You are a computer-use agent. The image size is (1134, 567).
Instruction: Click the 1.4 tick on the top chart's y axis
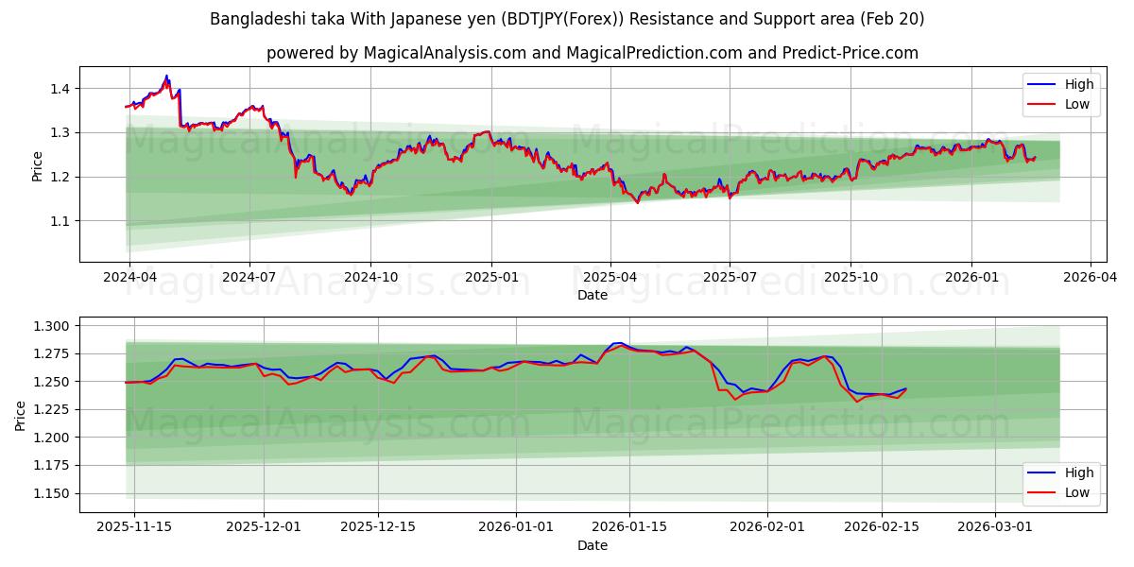60,89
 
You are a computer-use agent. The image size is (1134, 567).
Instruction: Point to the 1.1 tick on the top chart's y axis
60,221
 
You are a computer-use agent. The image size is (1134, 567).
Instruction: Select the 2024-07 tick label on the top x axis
249,278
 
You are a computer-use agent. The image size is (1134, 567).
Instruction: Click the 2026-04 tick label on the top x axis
1091,278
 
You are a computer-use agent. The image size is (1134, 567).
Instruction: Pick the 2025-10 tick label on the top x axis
850,278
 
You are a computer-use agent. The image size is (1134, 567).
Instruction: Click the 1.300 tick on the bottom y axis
52,326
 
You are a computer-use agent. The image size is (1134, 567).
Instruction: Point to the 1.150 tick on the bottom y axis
52,493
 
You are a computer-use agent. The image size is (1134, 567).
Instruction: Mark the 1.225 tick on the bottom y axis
52,409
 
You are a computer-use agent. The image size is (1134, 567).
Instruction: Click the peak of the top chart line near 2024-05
167,76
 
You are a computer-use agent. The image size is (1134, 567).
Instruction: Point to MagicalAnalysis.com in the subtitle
444,53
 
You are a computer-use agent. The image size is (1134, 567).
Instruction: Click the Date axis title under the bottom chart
593,545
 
